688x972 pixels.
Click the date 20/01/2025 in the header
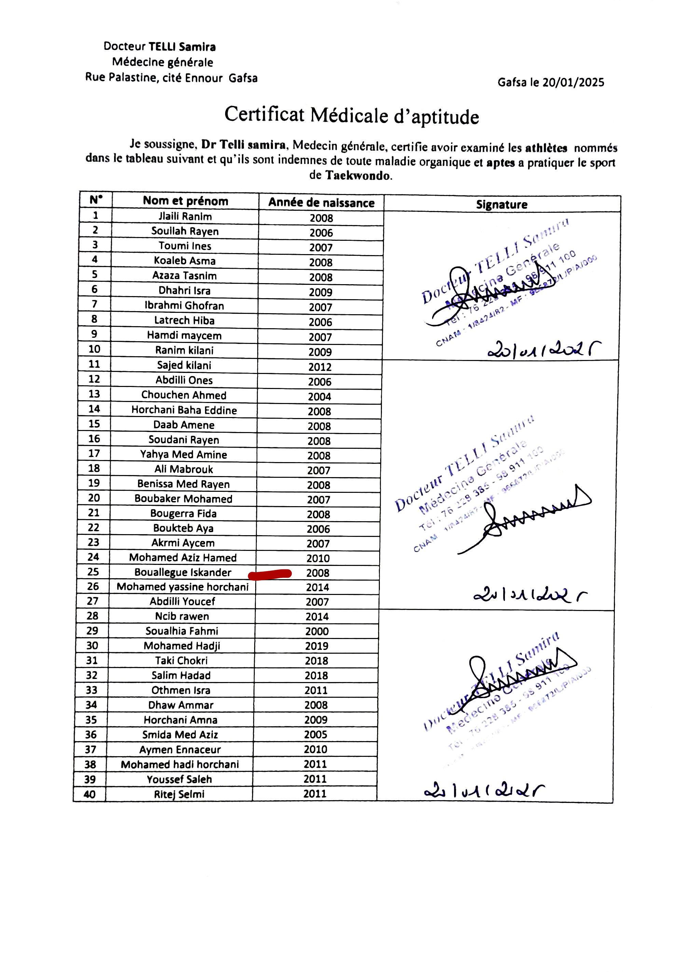tap(573, 82)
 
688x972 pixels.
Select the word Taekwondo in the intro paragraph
tap(358, 175)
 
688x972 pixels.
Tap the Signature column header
tap(501, 205)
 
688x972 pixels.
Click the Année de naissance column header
tap(321, 203)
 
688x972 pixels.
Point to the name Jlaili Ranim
tap(185, 217)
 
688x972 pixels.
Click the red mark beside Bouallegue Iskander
tap(270, 574)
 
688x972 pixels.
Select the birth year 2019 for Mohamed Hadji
tap(316, 646)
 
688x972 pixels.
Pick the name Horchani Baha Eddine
tap(184, 410)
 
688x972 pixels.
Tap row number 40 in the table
tap(90, 794)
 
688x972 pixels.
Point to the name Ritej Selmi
tap(179, 794)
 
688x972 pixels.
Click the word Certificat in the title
tap(264, 114)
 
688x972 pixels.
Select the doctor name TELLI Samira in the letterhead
tap(182, 46)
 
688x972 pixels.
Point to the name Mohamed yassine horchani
tap(183, 587)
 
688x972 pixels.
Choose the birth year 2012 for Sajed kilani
tap(320, 367)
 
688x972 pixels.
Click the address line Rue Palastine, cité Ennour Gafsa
tap(171, 78)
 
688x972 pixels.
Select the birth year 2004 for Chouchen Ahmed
tap(319, 397)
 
